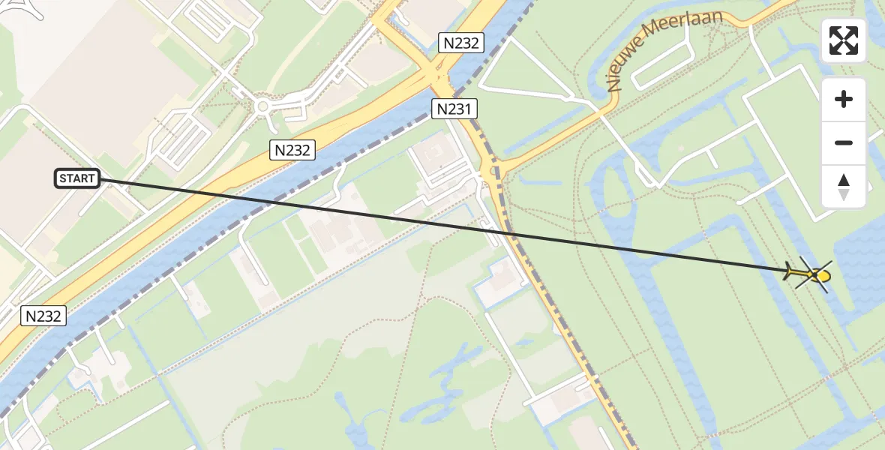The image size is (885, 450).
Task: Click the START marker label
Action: pyautogui.click(x=77, y=178)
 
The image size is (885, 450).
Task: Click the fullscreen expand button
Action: pyautogui.click(x=844, y=41)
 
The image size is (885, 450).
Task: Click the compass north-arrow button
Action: pyautogui.click(x=844, y=187)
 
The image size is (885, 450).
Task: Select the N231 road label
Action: pyautogui.click(x=454, y=109)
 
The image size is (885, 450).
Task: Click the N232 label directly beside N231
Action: pyautogui.click(x=460, y=43)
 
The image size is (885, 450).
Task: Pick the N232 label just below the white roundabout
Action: pyautogui.click(x=292, y=150)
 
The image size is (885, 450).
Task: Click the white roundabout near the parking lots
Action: pyautogui.click(x=262, y=107)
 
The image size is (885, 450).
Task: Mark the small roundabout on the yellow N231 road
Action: pyautogui.click(x=493, y=172)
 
